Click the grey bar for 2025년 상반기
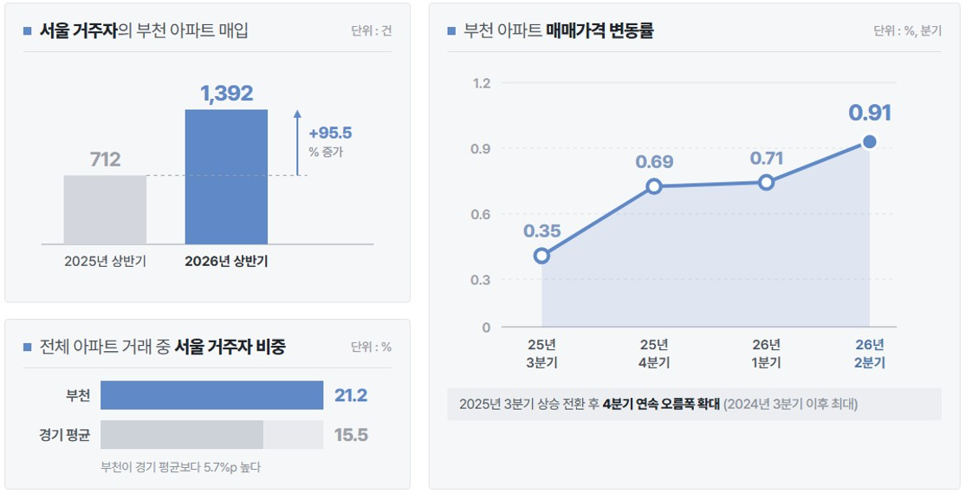click(105, 210)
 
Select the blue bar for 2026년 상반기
click(226, 177)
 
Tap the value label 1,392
click(226, 93)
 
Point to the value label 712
click(105, 159)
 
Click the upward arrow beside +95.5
click(297, 143)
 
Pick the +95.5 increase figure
click(331, 133)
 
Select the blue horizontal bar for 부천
click(211, 395)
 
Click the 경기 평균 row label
click(65, 435)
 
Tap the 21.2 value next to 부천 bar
click(351, 395)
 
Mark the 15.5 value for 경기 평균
click(351, 435)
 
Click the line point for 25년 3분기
click(541, 256)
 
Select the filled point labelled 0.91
click(869, 142)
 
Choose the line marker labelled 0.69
click(654, 186)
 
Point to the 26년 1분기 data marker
click(767, 182)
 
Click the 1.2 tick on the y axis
click(482, 83)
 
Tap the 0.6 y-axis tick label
click(481, 214)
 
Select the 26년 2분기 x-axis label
click(869, 354)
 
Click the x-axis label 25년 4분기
click(654, 354)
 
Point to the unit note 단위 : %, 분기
click(907, 31)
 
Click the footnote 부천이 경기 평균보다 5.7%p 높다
click(181, 467)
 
